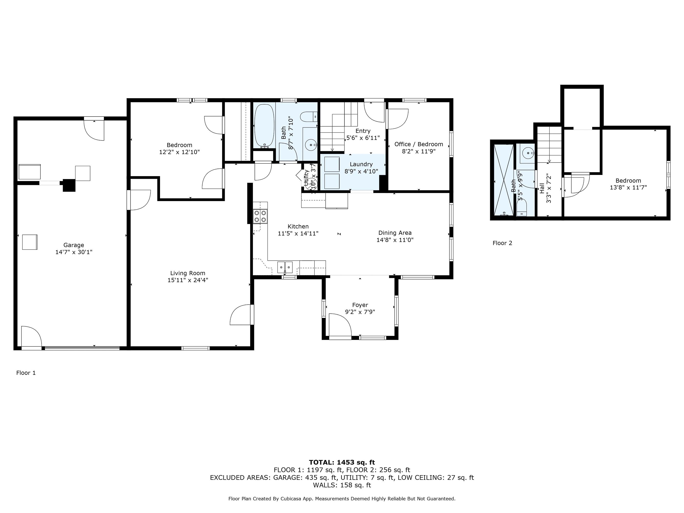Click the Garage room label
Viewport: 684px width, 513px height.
click(x=74, y=245)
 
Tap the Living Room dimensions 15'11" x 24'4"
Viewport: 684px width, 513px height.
click(x=188, y=280)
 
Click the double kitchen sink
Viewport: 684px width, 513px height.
click(x=285, y=267)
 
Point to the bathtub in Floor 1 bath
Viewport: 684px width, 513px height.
click(x=264, y=126)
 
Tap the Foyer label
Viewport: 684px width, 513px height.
click(x=360, y=305)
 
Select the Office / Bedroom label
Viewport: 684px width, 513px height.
click(x=418, y=144)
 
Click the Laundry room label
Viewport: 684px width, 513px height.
click(x=361, y=164)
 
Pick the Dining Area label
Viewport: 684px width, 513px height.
click(x=395, y=233)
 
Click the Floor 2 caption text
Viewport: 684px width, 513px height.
click(x=502, y=243)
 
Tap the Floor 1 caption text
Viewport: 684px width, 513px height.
click(x=26, y=373)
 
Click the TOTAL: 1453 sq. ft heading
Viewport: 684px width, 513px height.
click(x=342, y=462)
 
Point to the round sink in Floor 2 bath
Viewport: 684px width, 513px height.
click(x=527, y=152)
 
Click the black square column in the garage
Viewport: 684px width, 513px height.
click(x=69, y=185)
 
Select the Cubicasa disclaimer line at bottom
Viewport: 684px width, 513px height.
click(x=342, y=499)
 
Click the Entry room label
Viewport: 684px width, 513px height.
click(x=363, y=131)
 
